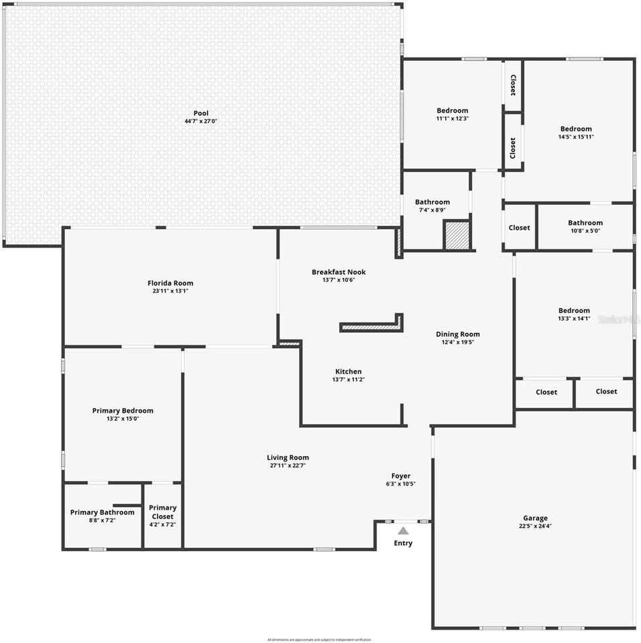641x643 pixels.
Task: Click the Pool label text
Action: [200, 113]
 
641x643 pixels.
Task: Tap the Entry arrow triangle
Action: [403, 530]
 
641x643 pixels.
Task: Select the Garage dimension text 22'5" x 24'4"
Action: [535, 526]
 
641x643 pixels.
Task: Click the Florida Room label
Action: [170, 283]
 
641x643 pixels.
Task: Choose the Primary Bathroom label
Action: [103, 512]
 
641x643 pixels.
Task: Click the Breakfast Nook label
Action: [339, 272]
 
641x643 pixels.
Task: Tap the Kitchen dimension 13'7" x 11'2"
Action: [348, 380]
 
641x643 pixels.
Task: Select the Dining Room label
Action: [458, 334]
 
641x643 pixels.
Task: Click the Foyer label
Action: [401, 476]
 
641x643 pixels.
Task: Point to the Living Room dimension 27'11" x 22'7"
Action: [288, 466]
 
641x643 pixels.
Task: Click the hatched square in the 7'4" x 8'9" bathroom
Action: [457, 236]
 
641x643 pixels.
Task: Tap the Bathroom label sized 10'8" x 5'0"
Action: [585, 222]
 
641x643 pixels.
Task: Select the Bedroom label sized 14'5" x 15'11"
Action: [576, 129]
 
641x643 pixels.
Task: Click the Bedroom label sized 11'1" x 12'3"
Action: [453, 111]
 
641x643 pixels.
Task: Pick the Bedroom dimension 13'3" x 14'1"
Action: [574, 319]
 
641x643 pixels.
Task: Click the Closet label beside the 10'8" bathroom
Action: [519, 228]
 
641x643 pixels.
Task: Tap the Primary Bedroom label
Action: [123, 411]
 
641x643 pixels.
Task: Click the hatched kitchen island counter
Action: [370, 327]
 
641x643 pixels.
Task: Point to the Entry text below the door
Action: [403, 543]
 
